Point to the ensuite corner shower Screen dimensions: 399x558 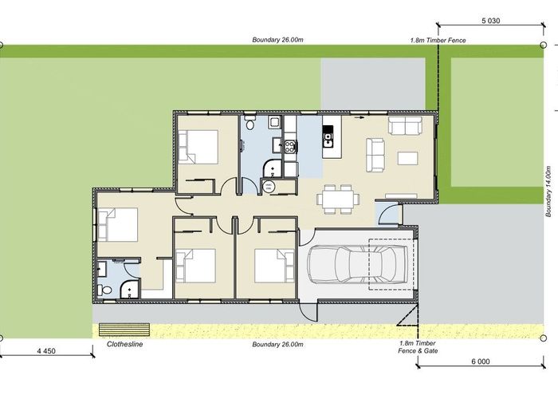point(128,290)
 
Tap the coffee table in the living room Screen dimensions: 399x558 point(407,157)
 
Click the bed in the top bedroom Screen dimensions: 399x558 point(199,146)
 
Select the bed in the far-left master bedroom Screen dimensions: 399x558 point(118,225)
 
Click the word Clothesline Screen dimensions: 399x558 point(126,346)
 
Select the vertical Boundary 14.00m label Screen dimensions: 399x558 point(548,192)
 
